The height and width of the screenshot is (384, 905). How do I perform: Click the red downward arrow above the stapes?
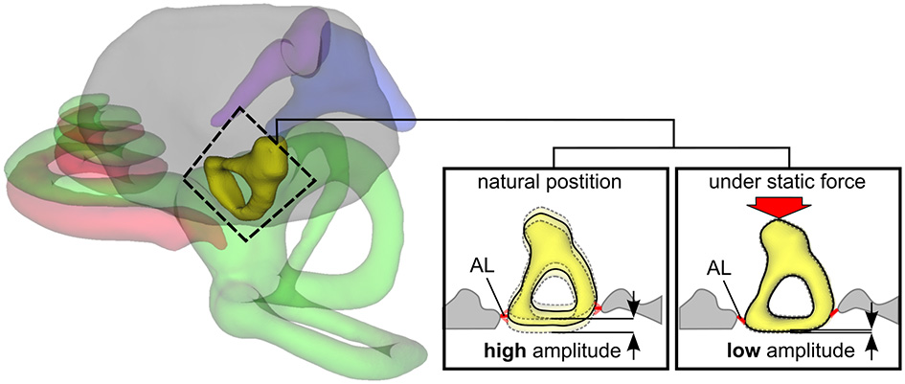[x=783, y=205]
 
